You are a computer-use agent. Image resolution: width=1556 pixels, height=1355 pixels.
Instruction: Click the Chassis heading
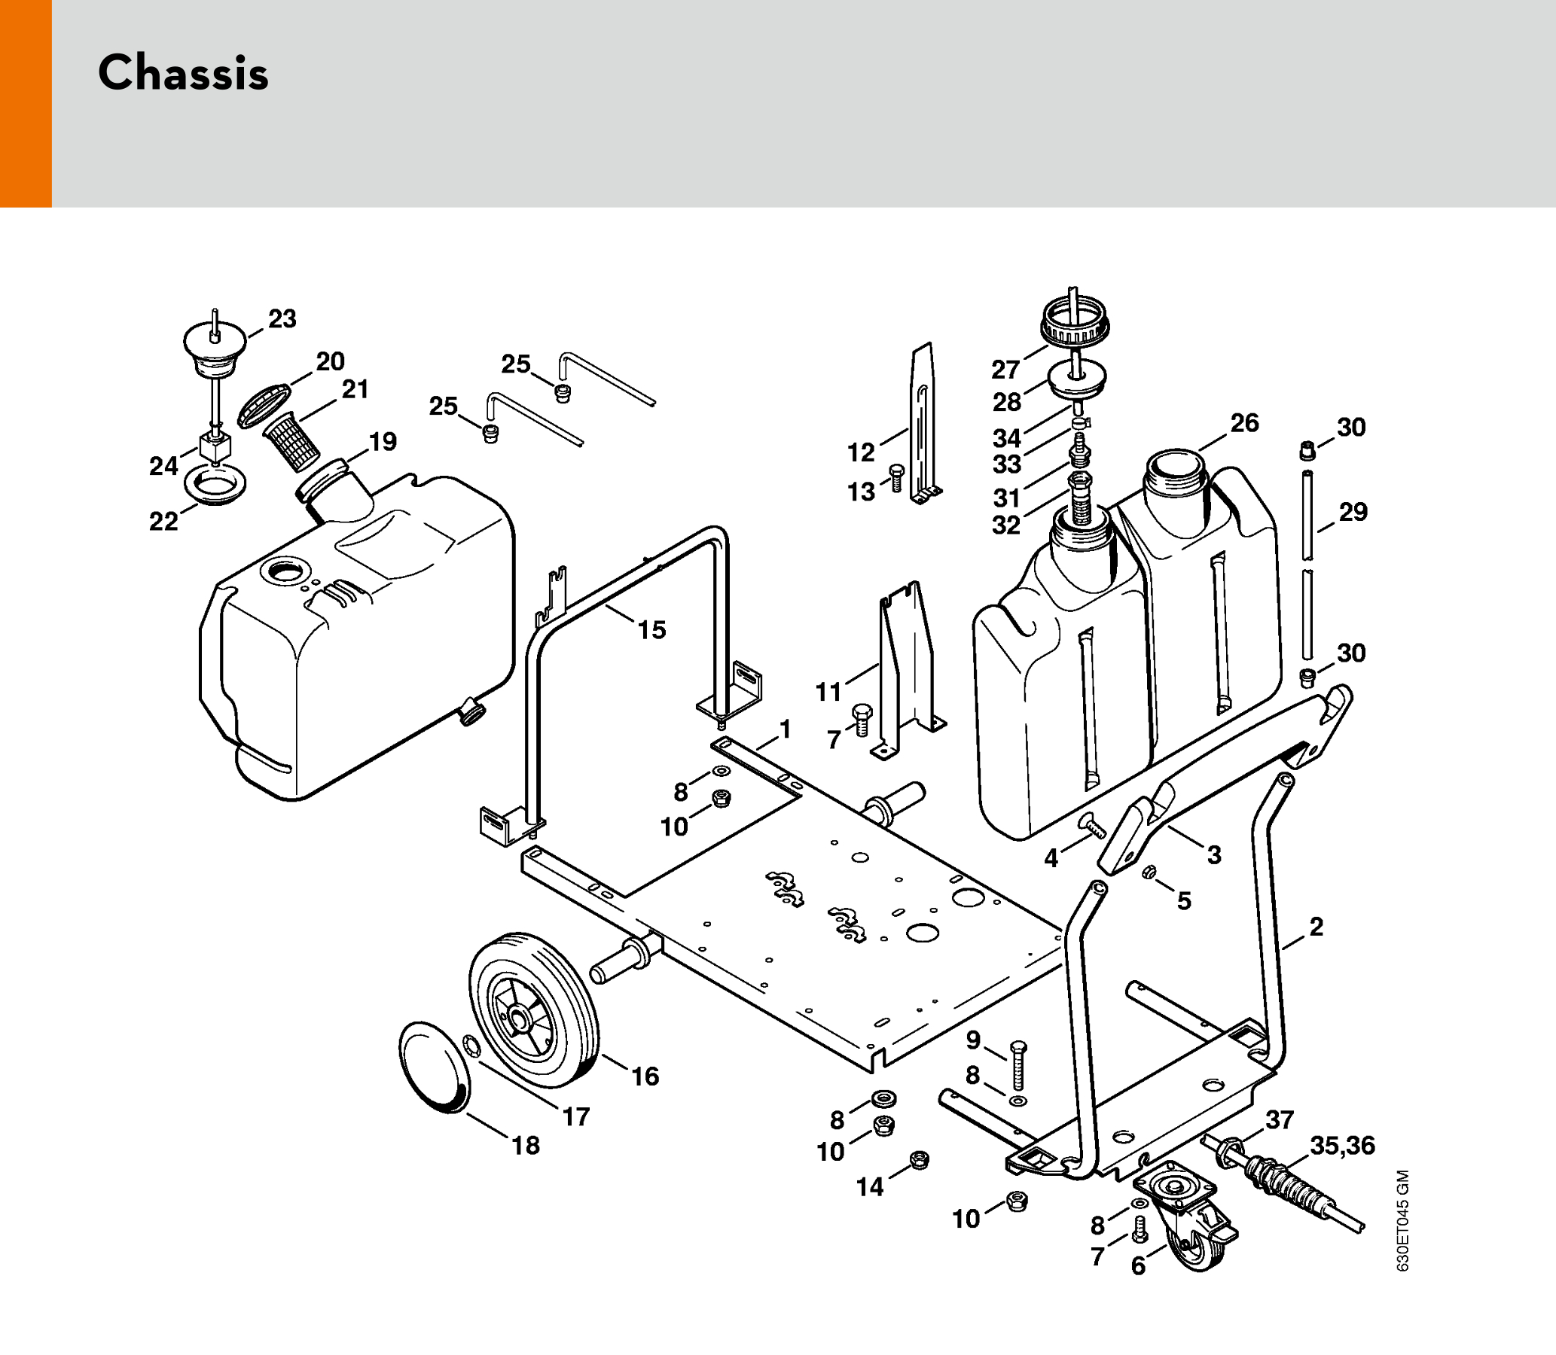(183, 73)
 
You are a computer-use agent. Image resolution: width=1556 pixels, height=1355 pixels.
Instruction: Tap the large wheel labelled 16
(533, 1009)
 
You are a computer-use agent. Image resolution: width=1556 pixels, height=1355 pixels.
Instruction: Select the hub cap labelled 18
(434, 1066)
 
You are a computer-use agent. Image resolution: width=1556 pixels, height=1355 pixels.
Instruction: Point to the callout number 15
(651, 629)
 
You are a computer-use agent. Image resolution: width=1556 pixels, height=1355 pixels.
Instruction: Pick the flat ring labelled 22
(215, 485)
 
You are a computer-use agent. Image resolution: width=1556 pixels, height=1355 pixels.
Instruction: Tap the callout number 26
(1244, 422)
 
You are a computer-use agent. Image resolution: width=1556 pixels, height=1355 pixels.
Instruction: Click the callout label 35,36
(1342, 1146)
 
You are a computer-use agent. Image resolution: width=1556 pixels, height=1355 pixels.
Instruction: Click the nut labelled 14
(919, 1159)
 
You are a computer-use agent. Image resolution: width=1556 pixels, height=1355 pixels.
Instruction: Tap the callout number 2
(1316, 926)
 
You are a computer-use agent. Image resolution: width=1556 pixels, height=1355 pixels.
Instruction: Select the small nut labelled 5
(1148, 872)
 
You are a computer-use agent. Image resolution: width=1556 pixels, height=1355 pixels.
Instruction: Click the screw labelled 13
(897, 478)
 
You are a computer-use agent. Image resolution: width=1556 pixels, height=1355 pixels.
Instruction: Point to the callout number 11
(828, 691)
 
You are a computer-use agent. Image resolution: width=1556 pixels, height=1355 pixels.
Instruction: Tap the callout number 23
(282, 318)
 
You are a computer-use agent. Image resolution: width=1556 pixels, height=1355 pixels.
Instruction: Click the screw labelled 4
(1093, 825)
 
